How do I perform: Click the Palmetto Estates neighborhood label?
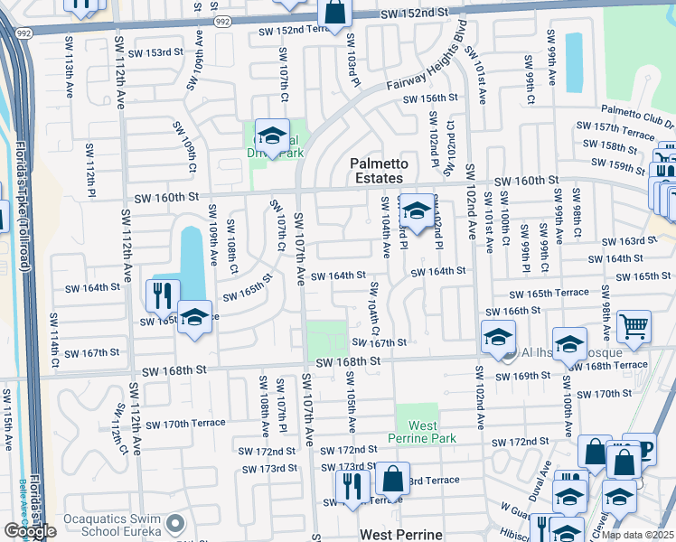pos(380,172)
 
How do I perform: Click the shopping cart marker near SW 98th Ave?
pos(634,327)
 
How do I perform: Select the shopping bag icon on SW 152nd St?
pos(334,14)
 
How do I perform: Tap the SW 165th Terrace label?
pos(549,294)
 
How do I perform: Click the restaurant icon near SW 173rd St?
pos(352,486)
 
